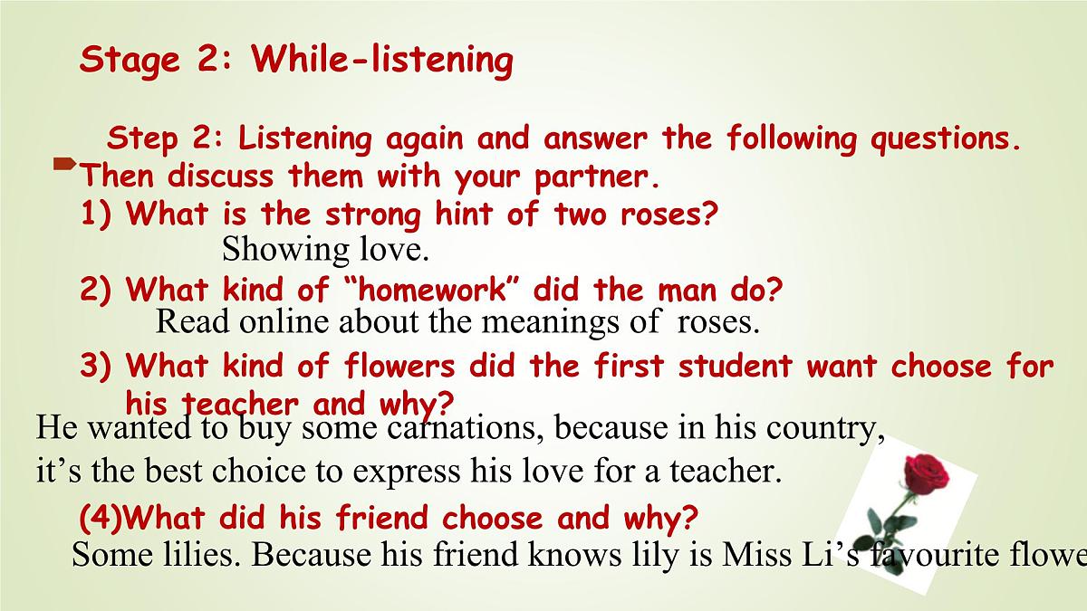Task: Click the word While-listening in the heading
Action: tap(382, 60)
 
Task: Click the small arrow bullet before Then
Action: tap(64, 164)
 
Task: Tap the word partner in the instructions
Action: tap(592, 176)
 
